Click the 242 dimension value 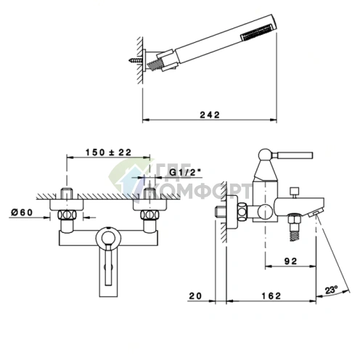[210, 115]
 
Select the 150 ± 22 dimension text [108, 152]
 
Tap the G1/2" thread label [185, 173]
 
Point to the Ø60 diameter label [22, 213]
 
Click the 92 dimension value [290, 261]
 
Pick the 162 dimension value [271, 295]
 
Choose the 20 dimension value [195, 295]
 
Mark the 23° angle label [331, 290]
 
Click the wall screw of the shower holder [136, 60]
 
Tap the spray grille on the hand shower [257, 30]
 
